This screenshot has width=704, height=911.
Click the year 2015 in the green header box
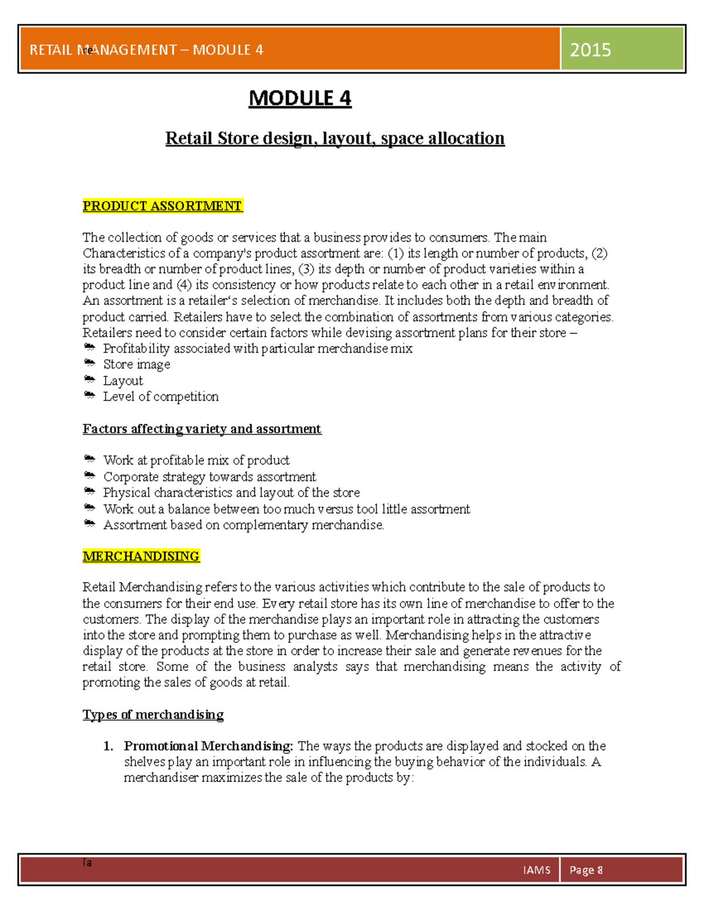[590, 50]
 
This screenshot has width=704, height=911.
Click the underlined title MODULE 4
[300, 98]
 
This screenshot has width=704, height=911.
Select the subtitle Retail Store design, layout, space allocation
[334, 138]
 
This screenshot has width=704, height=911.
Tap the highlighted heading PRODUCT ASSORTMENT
[162, 206]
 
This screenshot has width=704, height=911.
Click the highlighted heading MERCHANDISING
[141, 556]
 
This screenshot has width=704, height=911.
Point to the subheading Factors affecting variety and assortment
[202, 429]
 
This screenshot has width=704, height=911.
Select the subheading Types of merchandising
[153, 714]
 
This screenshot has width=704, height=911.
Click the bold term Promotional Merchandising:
[208, 746]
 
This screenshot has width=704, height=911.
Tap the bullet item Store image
[137, 364]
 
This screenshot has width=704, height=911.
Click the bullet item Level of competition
[161, 397]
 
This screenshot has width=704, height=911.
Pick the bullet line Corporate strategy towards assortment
[209, 476]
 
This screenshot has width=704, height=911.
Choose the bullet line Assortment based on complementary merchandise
[243, 525]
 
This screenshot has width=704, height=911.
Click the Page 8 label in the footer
[585, 870]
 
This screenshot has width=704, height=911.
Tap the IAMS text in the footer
[536, 870]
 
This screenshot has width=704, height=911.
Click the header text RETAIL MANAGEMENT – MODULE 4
[147, 50]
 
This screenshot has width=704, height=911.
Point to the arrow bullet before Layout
[89, 380]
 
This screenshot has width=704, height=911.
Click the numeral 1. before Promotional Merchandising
[108, 746]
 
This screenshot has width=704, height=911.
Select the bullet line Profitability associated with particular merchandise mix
[258, 348]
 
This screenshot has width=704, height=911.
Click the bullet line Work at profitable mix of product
[196, 460]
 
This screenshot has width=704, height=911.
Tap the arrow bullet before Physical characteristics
[89, 491]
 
